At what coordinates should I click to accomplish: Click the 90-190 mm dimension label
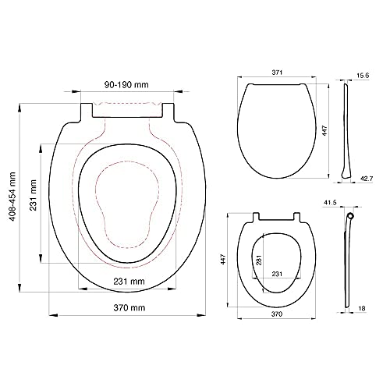point(126,84)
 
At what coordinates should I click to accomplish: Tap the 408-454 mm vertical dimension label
point(12,197)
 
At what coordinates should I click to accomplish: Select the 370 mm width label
point(129,308)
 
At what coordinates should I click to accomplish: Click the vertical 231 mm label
point(33,195)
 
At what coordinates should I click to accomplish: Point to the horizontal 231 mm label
point(129,282)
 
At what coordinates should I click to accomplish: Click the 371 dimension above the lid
point(277,73)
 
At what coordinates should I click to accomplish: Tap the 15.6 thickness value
point(363,76)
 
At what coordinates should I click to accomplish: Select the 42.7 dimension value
point(367,179)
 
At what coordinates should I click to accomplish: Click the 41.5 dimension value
point(330,202)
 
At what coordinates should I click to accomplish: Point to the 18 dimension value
point(362,308)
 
